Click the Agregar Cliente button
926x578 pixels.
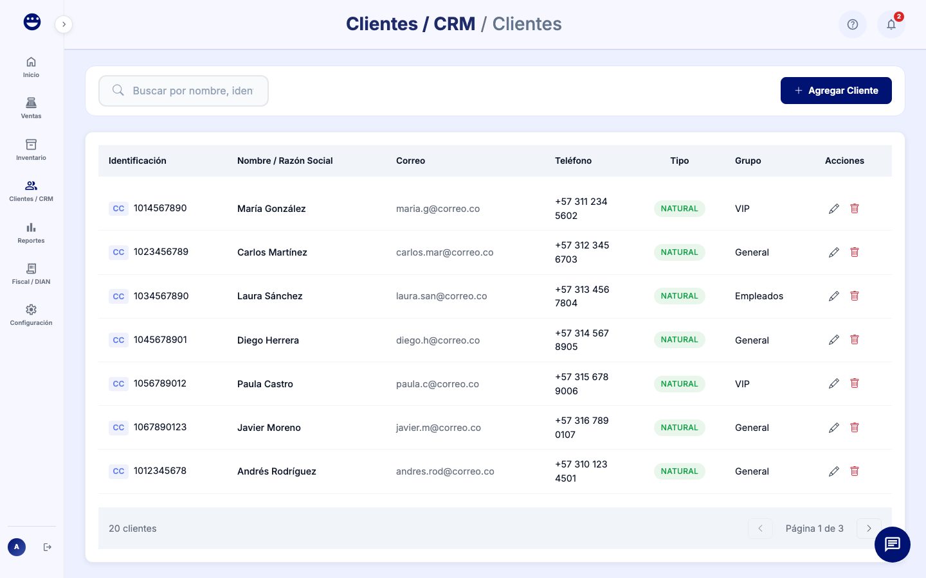(x=835, y=91)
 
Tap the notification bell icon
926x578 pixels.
(x=891, y=24)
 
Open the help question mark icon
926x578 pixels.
(x=852, y=24)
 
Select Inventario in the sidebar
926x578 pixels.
(x=31, y=149)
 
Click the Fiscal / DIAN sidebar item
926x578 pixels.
(x=31, y=273)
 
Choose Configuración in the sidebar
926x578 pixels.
(x=31, y=315)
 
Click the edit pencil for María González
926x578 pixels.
(x=833, y=209)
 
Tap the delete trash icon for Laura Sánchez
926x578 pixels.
(x=855, y=296)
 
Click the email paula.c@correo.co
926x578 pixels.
(x=437, y=384)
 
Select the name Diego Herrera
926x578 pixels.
(x=268, y=340)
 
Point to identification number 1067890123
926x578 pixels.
(x=160, y=427)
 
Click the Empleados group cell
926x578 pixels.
(x=759, y=296)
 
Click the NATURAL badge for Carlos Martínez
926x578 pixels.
(x=679, y=252)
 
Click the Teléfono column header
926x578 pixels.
(x=573, y=161)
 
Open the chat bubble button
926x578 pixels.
(x=892, y=544)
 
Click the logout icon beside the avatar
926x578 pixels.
(x=47, y=547)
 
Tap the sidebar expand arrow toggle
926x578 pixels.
(x=64, y=24)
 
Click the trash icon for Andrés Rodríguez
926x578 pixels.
(x=855, y=471)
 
